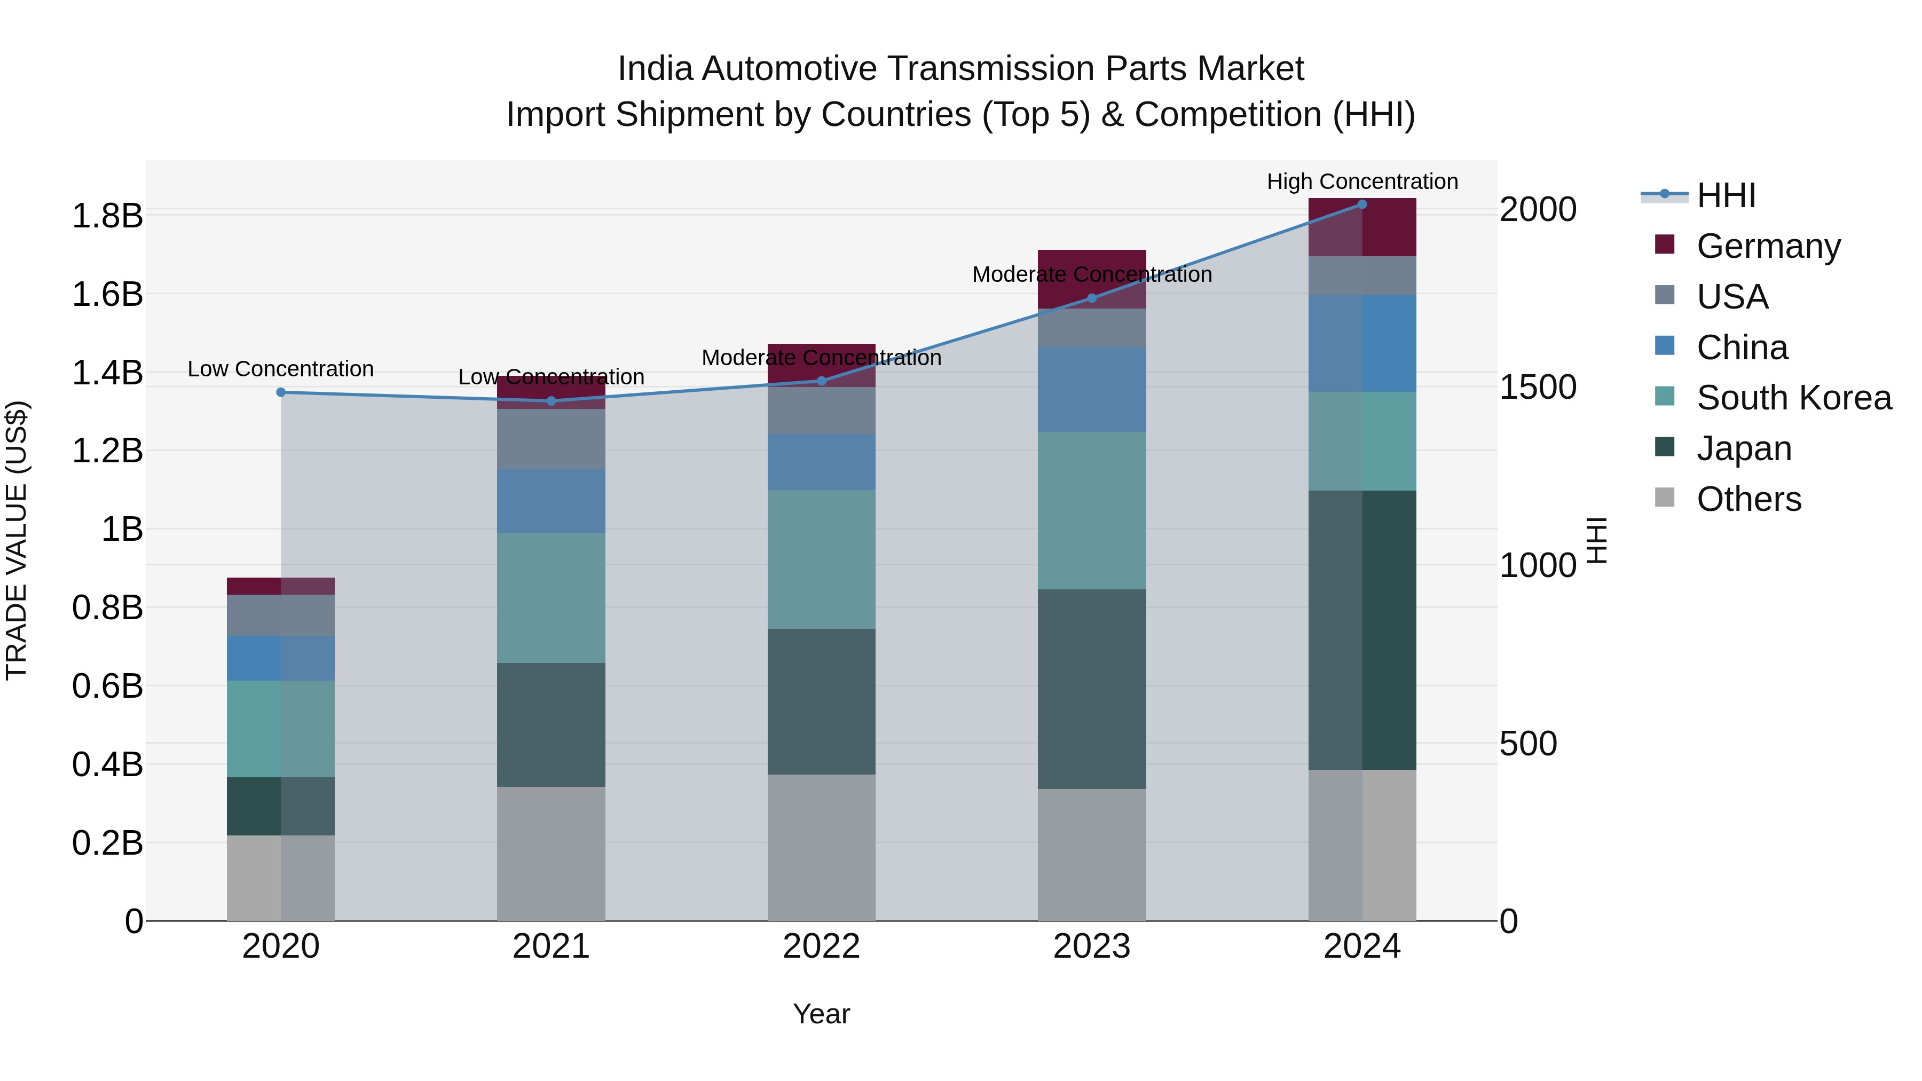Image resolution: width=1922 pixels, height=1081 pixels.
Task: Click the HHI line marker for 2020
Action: pos(280,392)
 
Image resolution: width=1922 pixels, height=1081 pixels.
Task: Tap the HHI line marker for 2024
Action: pos(1361,204)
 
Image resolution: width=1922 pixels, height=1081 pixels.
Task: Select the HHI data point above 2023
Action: pos(1092,298)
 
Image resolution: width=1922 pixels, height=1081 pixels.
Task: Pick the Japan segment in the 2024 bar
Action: pos(1361,630)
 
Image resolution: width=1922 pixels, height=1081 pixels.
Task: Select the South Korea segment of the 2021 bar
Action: pos(550,597)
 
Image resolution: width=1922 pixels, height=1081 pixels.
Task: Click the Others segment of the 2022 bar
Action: pos(821,847)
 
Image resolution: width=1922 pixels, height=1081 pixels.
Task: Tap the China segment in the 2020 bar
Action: pos(280,658)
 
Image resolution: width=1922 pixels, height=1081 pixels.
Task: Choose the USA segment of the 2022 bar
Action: pos(821,411)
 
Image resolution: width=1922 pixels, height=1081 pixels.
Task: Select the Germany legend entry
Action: pos(1768,246)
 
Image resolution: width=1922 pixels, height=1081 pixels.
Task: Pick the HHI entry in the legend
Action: pos(1726,195)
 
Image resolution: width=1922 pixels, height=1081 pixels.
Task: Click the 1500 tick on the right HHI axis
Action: pos(1538,387)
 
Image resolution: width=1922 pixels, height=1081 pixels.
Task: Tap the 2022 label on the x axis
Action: pos(821,946)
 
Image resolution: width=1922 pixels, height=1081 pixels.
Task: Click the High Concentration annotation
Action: pos(1361,182)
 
